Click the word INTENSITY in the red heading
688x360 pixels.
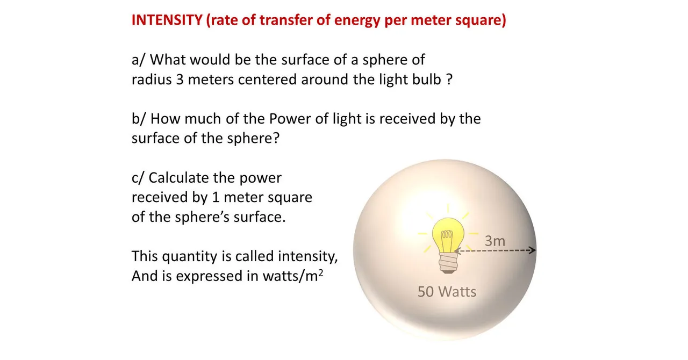coord(167,20)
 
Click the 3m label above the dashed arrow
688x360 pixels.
coord(495,241)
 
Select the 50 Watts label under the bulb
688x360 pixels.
coord(447,292)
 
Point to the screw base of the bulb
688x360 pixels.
coord(448,263)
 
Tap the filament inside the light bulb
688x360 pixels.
coord(447,235)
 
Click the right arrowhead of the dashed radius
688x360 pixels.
coord(533,250)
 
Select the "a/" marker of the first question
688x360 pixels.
coord(138,60)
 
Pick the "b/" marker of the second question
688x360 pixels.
coord(139,119)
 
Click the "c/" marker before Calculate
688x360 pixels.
coord(138,178)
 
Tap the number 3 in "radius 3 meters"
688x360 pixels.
coord(180,80)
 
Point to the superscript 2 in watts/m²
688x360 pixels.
coord(321,272)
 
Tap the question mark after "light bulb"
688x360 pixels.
coord(450,79)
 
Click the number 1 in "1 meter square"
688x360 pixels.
coord(216,197)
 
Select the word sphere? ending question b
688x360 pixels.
coord(253,139)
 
